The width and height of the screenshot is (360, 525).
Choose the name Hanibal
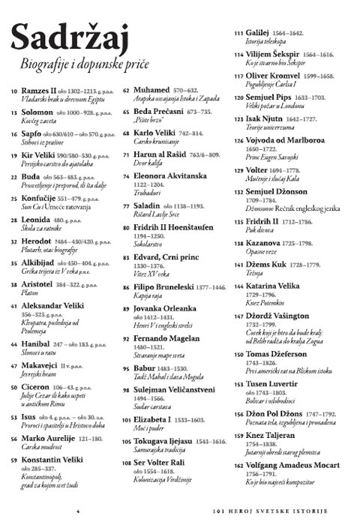point(38,343)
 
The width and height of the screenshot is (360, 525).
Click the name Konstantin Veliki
point(57,458)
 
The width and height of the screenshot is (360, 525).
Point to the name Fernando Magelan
point(171,338)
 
